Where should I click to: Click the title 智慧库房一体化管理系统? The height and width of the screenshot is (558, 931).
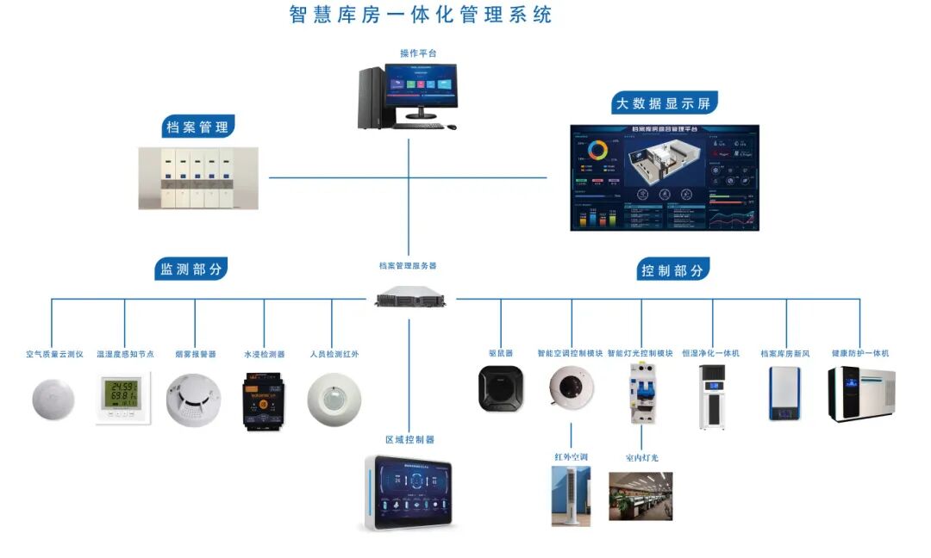coord(420,15)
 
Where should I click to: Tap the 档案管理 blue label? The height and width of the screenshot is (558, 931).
coord(197,127)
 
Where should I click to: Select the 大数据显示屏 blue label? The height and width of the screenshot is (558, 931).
coord(663,103)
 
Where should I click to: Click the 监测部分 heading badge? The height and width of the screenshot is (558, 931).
coord(191,269)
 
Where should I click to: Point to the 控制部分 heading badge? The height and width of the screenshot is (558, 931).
coord(672,270)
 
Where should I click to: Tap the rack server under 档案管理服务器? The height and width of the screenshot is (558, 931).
coord(410,297)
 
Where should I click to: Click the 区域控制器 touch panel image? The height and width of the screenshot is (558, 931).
coord(409,493)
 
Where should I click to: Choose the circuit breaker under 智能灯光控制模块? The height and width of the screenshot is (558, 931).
coord(641,394)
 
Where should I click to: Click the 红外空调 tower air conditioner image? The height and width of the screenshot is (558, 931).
coord(571,495)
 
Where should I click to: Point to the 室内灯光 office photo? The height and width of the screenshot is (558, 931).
coord(640,496)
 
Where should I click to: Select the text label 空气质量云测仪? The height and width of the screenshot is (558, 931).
coord(53,354)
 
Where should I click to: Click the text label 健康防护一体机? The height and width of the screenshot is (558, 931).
coord(859,353)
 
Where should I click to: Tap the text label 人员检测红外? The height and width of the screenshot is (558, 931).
coord(334,354)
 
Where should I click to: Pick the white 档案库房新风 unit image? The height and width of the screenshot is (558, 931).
coord(784,394)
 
